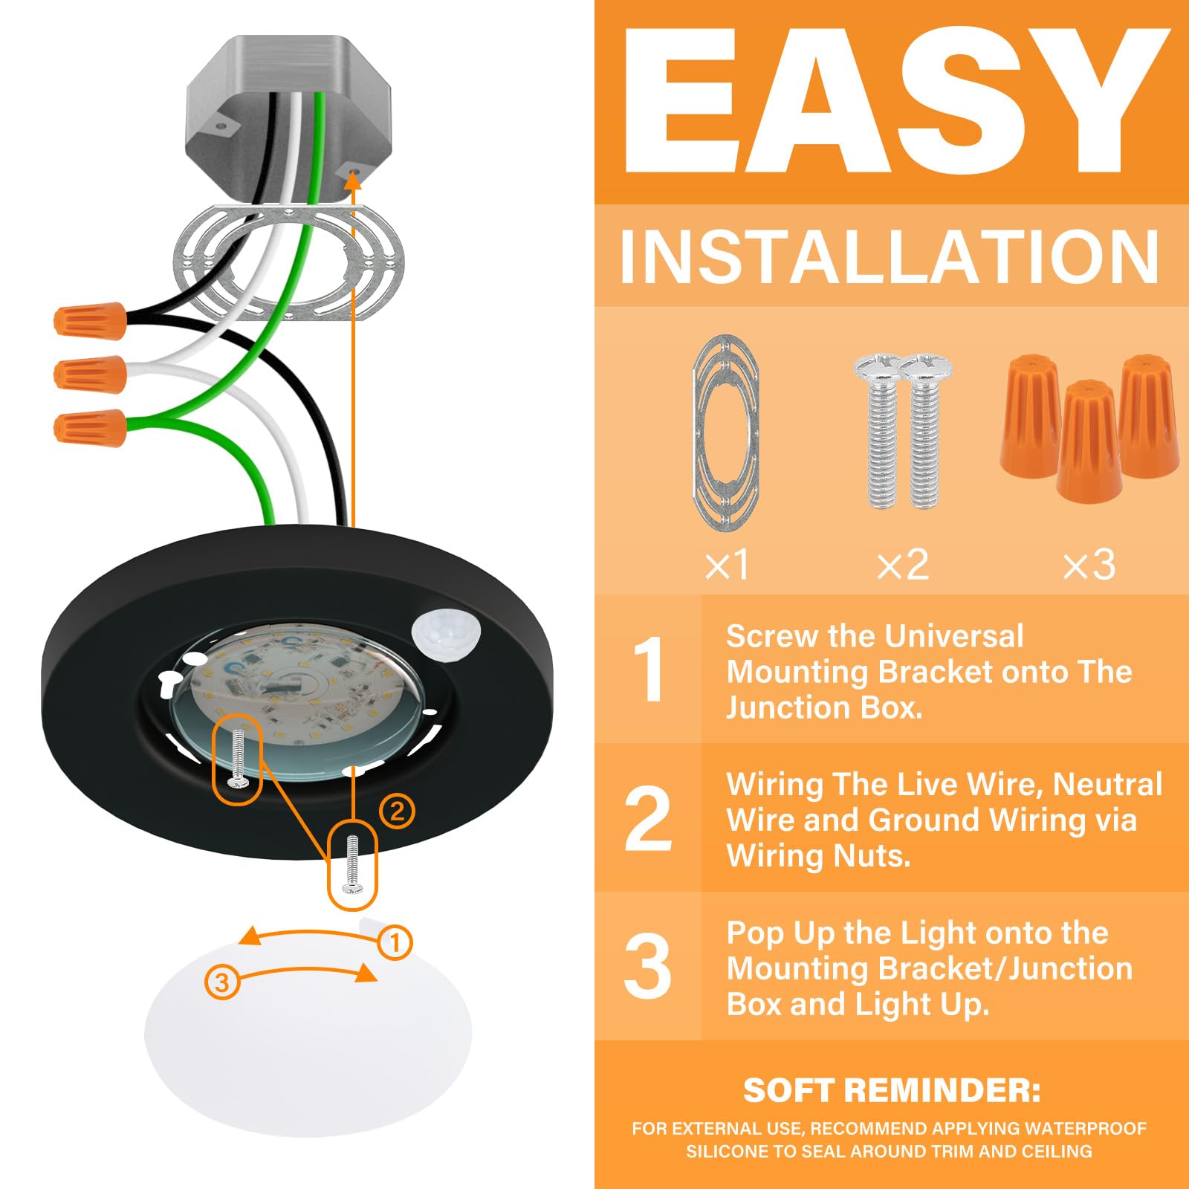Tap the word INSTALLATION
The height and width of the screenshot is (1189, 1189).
tap(890, 256)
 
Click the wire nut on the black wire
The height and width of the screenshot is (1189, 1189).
tap(89, 320)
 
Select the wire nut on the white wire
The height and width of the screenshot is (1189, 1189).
tap(90, 373)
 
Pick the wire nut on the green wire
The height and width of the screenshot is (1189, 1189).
tap(90, 427)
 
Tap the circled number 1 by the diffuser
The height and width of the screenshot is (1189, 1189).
tap(395, 942)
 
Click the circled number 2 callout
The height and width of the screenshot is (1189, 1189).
tap(397, 811)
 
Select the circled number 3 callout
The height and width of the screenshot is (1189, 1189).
tap(221, 982)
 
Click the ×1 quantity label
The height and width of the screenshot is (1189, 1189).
tap(727, 565)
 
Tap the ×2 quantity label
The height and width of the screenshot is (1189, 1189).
tap(902, 565)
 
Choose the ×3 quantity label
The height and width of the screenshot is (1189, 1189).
tap(1089, 565)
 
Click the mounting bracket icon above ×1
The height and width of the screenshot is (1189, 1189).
tap(725, 433)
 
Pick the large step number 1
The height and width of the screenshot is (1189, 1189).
tap(649, 669)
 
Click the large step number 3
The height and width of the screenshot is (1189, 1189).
tap(648, 966)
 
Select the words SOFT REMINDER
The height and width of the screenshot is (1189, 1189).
tap(891, 1090)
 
